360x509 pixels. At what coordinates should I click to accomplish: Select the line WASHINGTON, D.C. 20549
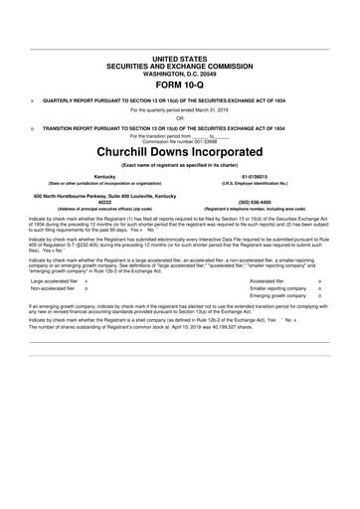pos(180,73)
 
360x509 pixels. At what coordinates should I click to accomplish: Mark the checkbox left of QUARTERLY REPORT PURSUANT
pos(33,101)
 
